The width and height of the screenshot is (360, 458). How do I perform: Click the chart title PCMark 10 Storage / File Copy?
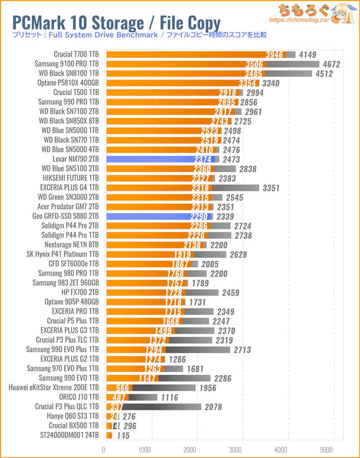pyautogui.click(x=116, y=22)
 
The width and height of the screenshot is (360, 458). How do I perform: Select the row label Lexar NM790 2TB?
pyautogui.click(x=76, y=159)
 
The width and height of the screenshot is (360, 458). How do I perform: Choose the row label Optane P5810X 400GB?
pyautogui.click(x=68, y=83)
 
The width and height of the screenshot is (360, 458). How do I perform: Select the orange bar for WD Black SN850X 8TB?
pyautogui.click(x=168, y=121)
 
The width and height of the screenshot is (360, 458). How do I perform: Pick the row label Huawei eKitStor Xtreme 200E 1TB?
pyautogui.click(x=54, y=387)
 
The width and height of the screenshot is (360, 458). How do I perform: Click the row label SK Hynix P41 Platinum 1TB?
pyautogui.click(x=63, y=254)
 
